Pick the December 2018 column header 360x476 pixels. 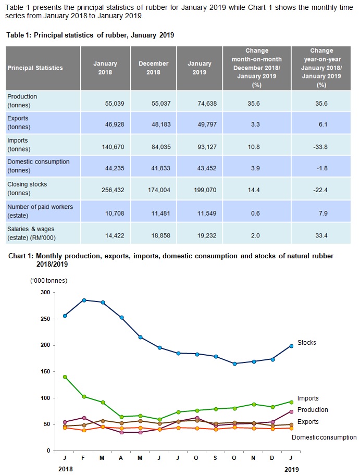153,68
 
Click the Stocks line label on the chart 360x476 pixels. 306,343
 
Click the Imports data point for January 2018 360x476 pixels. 65,377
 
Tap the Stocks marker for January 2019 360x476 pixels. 291,346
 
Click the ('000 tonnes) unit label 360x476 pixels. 49,281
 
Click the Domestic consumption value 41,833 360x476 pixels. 154,170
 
